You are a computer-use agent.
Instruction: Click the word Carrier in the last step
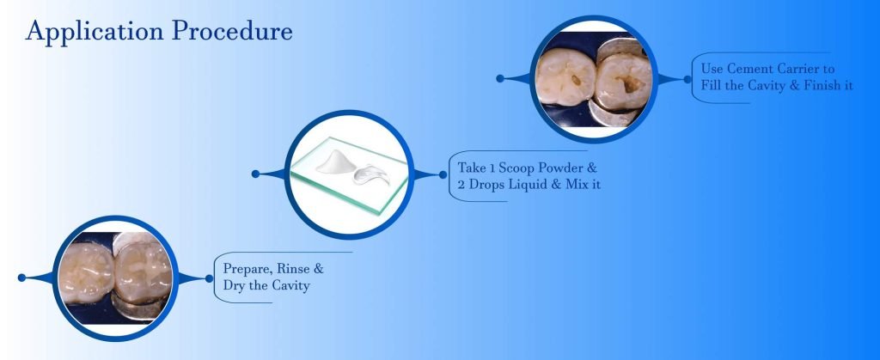click(x=797, y=68)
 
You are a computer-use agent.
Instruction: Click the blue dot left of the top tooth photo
click(x=499, y=78)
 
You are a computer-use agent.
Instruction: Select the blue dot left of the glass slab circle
click(x=256, y=174)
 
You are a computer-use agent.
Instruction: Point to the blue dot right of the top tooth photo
click(x=687, y=78)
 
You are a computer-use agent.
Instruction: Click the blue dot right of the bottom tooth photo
click(x=209, y=278)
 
